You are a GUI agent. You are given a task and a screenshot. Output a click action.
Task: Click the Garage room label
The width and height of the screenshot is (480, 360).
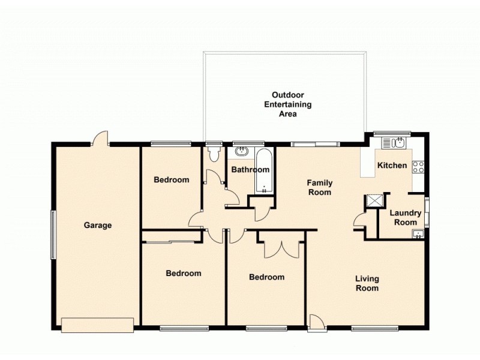click(98, 226)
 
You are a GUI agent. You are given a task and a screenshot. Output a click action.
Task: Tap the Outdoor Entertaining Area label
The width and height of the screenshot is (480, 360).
click(288, 104)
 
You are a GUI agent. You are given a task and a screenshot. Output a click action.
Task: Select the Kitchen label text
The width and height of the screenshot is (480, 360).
click(392, 166)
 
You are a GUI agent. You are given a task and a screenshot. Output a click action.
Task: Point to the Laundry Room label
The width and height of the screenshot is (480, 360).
click(406, 218)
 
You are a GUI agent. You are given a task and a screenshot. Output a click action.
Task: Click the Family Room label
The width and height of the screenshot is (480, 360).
click(319, 187)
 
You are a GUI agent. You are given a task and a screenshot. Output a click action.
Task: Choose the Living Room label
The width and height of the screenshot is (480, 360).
click(367, 283)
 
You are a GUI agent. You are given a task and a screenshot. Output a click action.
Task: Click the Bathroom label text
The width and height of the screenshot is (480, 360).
click(250, 170)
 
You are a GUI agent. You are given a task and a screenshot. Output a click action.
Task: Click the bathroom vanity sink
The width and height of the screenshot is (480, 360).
click(242, 151)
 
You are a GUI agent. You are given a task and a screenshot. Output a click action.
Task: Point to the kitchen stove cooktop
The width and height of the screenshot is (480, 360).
click(418, 167)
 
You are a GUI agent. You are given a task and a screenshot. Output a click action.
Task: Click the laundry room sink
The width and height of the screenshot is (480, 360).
click(418, 235)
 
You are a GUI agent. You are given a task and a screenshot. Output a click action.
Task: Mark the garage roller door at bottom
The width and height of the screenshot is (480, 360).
click(97, 325)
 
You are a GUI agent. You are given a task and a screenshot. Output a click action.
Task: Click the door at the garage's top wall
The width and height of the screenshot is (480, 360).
click(100, 139)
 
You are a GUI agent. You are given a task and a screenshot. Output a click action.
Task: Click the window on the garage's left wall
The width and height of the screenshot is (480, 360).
click(53, 234)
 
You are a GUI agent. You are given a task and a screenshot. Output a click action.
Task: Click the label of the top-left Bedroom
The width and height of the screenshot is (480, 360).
click(171, 179)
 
